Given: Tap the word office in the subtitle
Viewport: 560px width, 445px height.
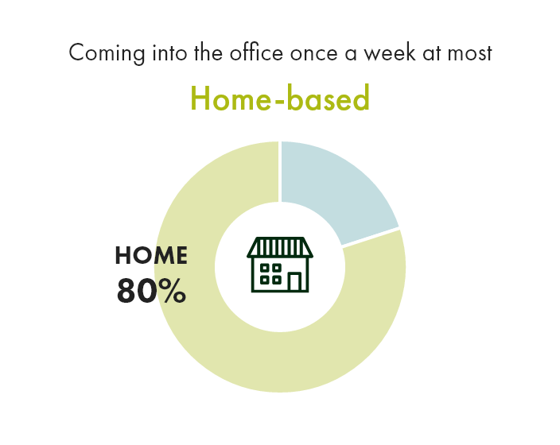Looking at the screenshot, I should coord(259,53).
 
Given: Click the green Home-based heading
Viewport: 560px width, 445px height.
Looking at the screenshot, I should coord(280,99).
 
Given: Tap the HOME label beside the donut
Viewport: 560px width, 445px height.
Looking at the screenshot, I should coord(151,256).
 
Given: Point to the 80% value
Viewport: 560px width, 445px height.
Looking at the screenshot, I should coord(151,292).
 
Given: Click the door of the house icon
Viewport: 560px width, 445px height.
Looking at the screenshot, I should coord(294,281).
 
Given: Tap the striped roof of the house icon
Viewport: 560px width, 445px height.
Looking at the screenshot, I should coord(280,247).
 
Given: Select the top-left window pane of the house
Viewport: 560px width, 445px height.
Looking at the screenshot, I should coord(266,268).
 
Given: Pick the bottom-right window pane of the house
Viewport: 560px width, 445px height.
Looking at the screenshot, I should coord(276,279).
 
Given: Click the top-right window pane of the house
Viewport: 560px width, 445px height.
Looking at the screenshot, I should coord(276,268).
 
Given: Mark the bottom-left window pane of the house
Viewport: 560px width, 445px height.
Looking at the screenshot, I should coord(266,279).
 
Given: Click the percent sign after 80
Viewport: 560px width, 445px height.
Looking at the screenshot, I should coord(171,292).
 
